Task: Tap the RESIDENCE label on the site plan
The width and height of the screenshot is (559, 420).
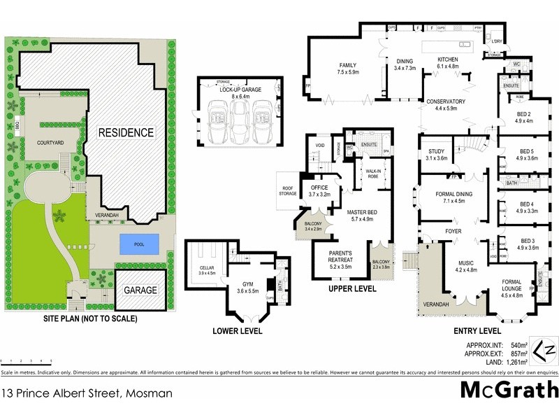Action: (126, 132)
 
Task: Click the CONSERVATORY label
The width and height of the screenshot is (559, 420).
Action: (445, 101)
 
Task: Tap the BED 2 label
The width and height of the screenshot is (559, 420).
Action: (524, 114)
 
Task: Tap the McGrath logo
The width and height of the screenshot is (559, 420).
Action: (509, 390)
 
